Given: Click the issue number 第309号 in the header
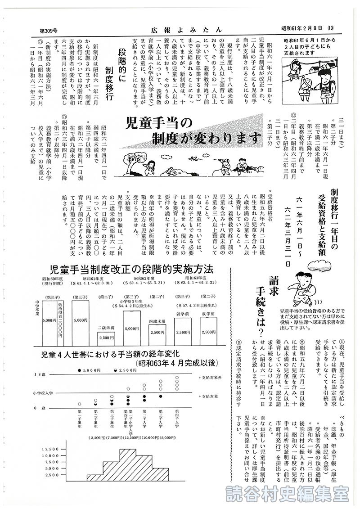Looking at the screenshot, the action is (50, 30).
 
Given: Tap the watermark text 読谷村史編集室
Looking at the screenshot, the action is (288, 495).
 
